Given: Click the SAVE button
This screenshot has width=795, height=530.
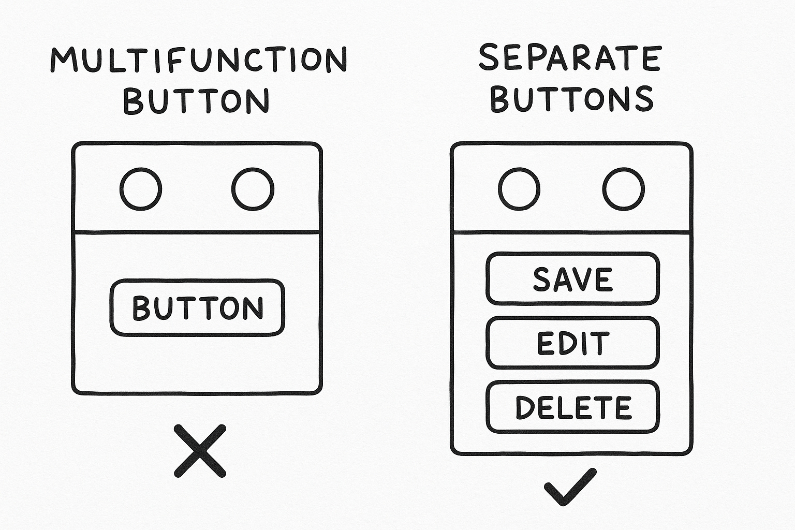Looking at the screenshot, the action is click(572, 279).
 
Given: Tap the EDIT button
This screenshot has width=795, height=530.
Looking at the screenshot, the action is click(572, 343).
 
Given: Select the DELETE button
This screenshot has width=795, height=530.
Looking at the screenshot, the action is click(572, 407).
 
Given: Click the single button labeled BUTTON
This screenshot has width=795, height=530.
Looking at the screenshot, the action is click(197, 308).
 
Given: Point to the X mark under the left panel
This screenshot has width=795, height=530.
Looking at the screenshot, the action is click(200, 451).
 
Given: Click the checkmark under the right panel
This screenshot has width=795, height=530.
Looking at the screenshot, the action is click(570, 487).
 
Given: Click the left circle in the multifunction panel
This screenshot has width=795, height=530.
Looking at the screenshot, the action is click(141, 189).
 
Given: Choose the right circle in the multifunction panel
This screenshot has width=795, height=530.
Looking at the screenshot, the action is click(253, 189).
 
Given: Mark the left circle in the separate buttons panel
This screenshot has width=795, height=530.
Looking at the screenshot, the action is click(519, 189).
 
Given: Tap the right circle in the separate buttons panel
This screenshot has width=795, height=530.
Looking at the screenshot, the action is click(624, 189).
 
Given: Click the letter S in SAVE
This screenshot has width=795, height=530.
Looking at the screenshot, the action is click(541, 279).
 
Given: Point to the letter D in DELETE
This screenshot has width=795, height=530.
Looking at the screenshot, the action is click(525, 407).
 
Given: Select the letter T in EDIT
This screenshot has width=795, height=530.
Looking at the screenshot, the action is click(600, 344).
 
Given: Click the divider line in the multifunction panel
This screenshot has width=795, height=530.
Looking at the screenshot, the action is click(197, 231).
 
